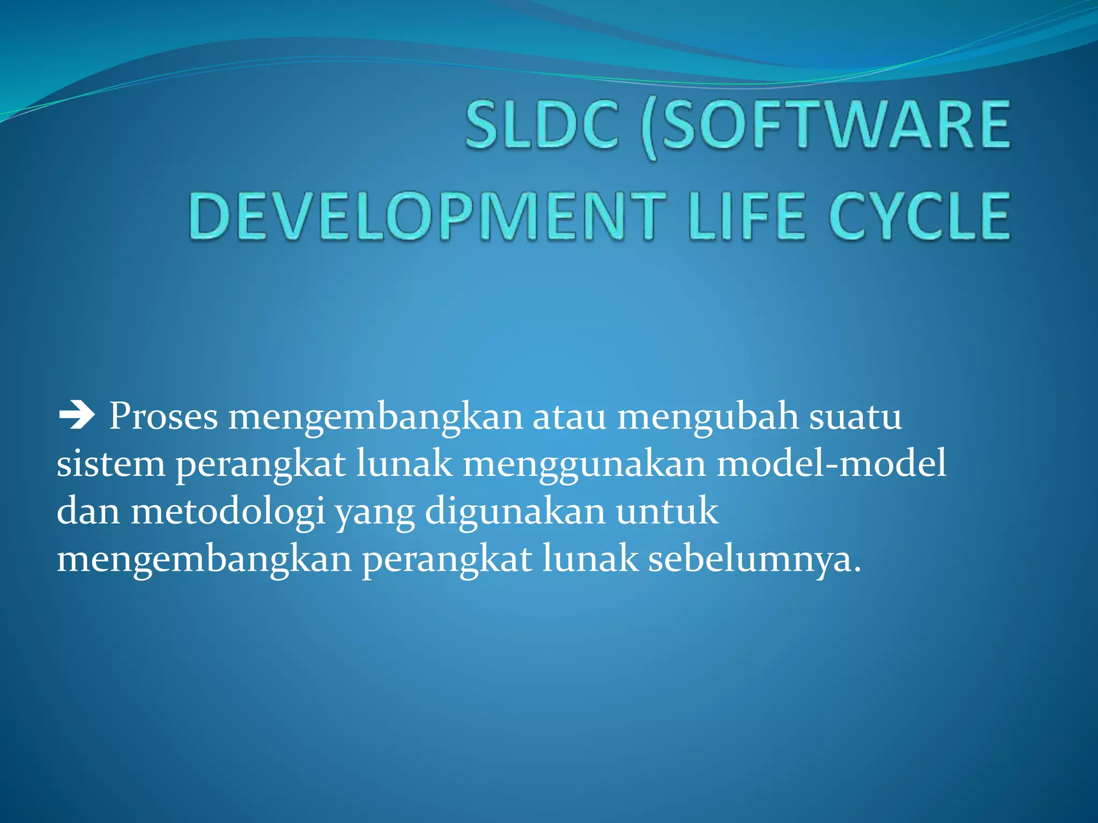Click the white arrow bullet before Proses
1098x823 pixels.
(x=77, y=416)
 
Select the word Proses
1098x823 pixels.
(x=164, y=416)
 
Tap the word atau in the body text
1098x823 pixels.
(x=569, y=416)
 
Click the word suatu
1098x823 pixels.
(x=855, y=416)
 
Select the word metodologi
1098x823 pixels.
(x=228, y=512)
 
